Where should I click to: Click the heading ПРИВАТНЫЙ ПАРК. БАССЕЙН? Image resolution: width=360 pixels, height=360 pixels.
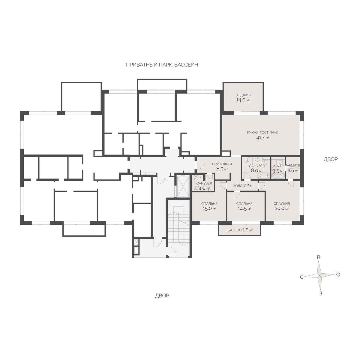[x=162, y=65]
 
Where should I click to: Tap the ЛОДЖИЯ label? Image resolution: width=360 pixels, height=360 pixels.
[x=243, y=95]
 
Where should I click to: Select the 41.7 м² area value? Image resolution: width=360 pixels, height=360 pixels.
[x=262, y=138]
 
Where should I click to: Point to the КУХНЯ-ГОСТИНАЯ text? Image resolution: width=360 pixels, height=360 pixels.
[x=262, y=133]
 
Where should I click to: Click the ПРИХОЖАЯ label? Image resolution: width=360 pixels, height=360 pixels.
[x=222, y=164]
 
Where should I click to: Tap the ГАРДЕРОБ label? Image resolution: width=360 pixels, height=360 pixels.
[x=293, y=166]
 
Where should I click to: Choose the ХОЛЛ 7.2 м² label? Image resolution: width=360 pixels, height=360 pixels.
[x=243, y=186]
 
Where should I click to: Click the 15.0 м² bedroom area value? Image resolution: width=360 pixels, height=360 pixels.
[x=209, y=208]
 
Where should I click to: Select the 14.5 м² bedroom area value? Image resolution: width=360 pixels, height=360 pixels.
[x=244, y=209]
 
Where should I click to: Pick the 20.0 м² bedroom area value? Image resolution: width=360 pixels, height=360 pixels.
[x=281, y=208]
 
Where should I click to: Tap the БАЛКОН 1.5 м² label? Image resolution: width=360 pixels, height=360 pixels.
[x=240, y=230]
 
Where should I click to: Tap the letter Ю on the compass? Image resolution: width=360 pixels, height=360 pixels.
[x=337, y=274]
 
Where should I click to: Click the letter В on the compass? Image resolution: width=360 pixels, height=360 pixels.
[x=319, y=257]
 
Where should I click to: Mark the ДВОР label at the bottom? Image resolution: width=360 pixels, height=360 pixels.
[x=162, y=295]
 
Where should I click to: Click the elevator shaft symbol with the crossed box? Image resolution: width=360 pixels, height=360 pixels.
[x=183, y=186]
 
